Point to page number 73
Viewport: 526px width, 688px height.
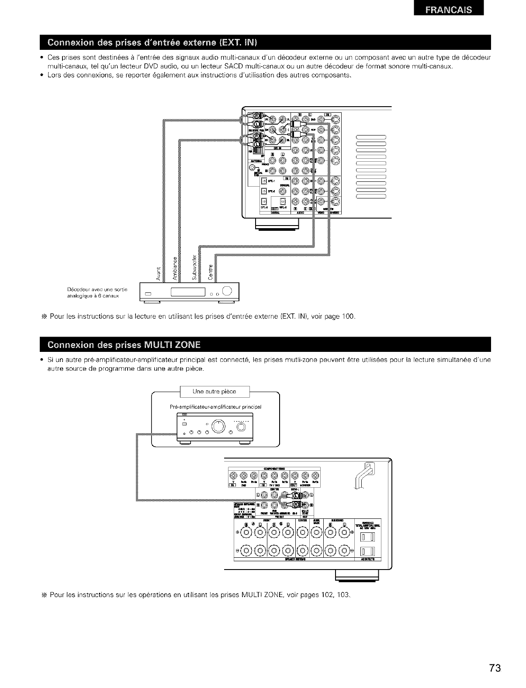[495, 668]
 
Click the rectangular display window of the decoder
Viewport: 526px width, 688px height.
[188, 292]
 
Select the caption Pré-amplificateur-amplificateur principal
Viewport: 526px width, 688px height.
[215, 407]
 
